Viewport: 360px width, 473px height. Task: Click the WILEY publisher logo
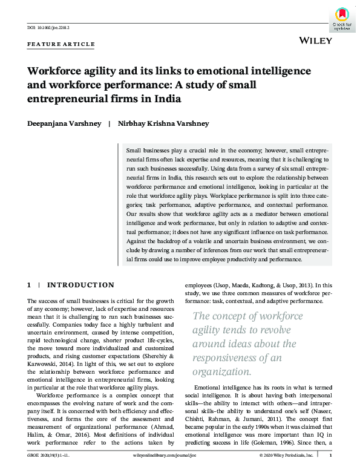tap(316, 40)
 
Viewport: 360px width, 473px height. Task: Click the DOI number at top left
tap(49, 27)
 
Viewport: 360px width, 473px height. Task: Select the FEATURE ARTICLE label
tap(62, 44)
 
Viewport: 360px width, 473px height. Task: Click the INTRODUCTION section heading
tap(80, 285)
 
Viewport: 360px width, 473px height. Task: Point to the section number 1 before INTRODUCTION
tap(29, 285)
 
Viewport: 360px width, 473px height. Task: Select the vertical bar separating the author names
tap(109, 123)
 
